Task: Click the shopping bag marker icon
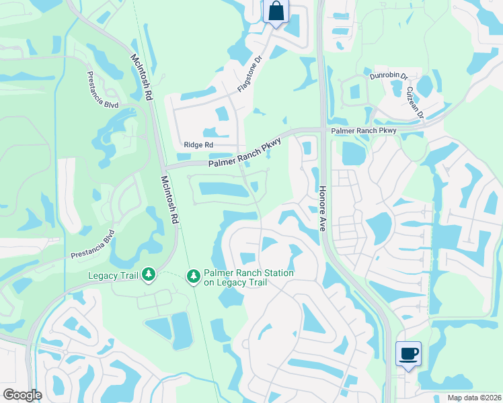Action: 276,11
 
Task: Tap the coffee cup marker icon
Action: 408,353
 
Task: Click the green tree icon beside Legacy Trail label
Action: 149,275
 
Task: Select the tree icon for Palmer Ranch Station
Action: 193,277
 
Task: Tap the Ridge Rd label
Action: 198,144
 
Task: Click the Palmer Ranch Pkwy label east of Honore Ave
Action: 362,130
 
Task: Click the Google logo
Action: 22,395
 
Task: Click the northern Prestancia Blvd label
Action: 102,90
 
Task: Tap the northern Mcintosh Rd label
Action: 142,77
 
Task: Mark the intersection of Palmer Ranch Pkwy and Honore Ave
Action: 322,130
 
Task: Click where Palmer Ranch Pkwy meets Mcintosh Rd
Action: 164,166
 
